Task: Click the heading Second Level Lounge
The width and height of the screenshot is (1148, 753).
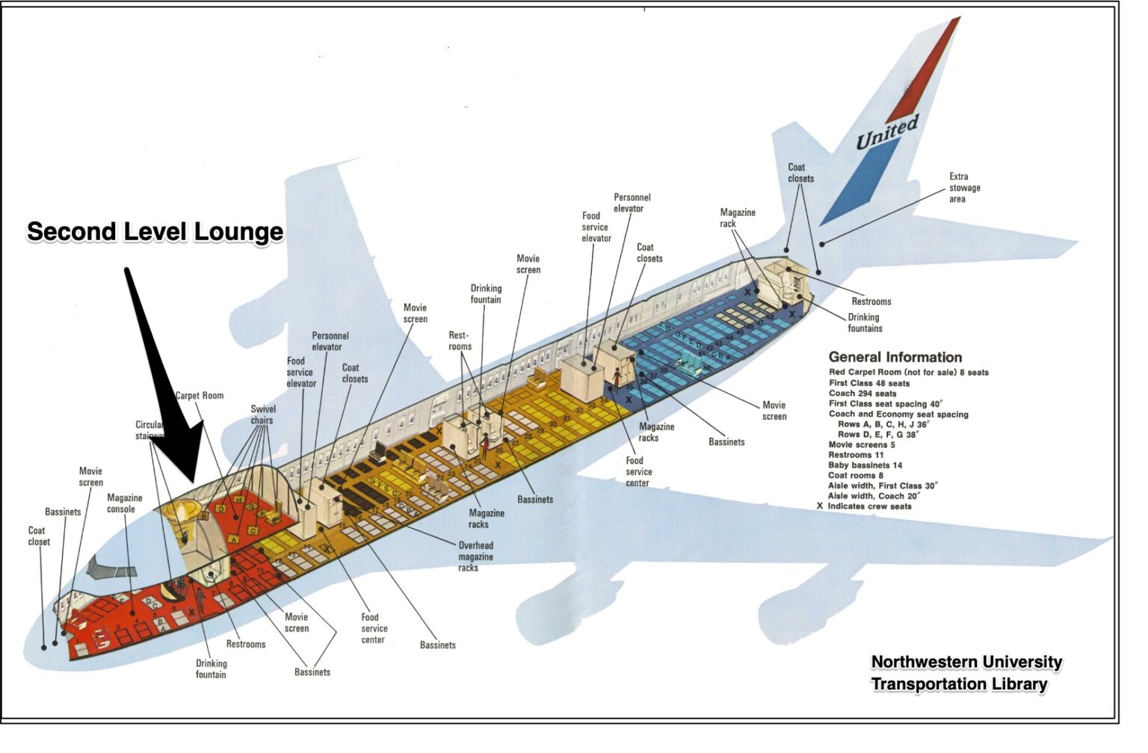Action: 155,232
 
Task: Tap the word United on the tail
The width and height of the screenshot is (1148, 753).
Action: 886,132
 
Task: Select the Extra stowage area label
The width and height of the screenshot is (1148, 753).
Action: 964,188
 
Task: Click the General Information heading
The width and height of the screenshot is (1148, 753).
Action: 895,357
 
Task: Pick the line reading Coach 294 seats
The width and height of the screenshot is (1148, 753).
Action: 862,394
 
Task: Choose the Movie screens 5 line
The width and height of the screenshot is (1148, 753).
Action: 861,444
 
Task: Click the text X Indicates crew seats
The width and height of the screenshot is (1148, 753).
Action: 864,506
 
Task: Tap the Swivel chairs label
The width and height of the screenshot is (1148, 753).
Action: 262,415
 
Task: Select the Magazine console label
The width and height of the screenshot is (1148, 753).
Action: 124,503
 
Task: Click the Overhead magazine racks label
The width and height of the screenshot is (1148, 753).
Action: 475,557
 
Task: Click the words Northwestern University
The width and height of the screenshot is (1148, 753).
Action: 966,662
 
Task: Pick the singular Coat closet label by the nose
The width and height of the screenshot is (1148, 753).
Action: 39,536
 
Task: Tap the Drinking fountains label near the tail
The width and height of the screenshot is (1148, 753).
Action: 864,323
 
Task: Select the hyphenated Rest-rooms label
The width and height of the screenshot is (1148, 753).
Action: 460,341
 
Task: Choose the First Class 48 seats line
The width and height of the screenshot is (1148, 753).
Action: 868,383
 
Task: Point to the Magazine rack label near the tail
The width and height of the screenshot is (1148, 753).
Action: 737,218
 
